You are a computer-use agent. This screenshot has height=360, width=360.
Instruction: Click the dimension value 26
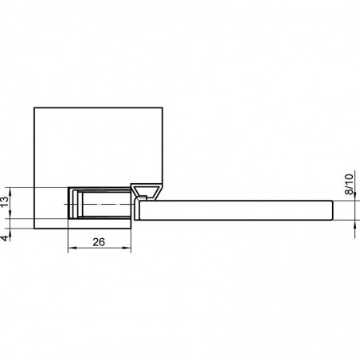coord(99,242)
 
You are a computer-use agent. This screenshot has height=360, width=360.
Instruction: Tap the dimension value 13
coord(5,202)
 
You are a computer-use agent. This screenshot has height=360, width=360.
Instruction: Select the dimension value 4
coord(5,238)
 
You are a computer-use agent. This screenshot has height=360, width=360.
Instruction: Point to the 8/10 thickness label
coord(349,184)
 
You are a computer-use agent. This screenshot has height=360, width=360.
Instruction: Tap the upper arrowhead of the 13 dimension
coord(10,192)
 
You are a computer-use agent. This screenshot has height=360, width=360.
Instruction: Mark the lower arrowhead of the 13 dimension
coord(10,214)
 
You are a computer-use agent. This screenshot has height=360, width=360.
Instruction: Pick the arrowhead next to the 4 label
coord(10,233)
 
